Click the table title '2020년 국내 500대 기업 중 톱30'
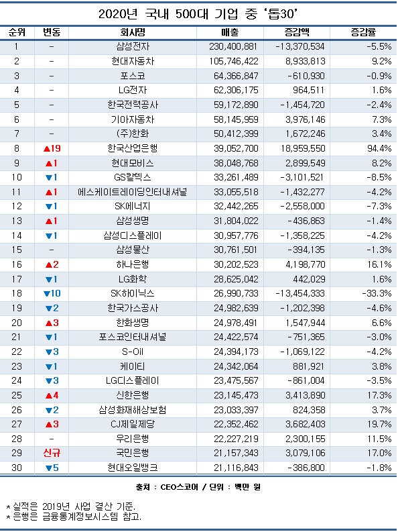pos(198,14)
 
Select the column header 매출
pos(230,33)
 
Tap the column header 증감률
pos(363,33)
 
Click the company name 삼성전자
pos(133,46)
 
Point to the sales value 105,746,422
pos(234,62)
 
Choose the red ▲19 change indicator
pos(52,148)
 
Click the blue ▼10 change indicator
pos(52,293)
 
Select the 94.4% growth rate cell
pos(379,148)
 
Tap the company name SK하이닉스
pos(133,293)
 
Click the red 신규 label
pos(52,453)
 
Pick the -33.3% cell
pos(377,293)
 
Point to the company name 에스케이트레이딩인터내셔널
pos(133,192)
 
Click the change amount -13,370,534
pos(300,46)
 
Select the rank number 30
pos(17,468)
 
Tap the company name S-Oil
pos(133,352)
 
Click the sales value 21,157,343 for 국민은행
pos(236,453)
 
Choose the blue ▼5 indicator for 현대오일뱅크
pos(52,468)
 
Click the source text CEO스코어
pos(179,487)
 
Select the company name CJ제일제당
pos(133,424)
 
